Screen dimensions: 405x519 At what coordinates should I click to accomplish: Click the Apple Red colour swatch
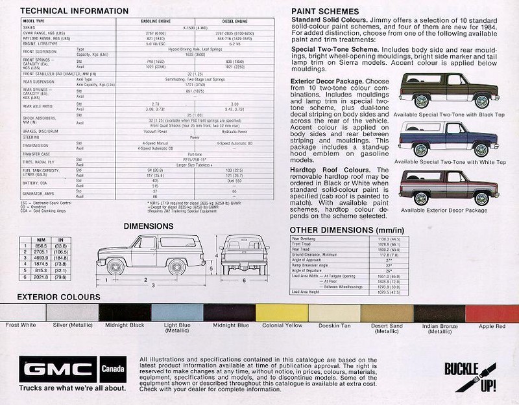(x=492, y=313)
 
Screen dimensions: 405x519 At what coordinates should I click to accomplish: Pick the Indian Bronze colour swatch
(x=439, y=313)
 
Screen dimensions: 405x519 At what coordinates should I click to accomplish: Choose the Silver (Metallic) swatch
(x=72, y=313)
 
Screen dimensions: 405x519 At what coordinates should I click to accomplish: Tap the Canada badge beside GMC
(x=114, y=370)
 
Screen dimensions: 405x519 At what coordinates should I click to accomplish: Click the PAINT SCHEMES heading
(x=325, y=12)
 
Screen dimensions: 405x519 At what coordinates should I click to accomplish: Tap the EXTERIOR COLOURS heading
(x=58, y=297)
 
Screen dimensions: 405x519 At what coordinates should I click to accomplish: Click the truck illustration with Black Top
(x=448, y=90)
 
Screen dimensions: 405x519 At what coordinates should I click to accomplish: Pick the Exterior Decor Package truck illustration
(x=448, y=187)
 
